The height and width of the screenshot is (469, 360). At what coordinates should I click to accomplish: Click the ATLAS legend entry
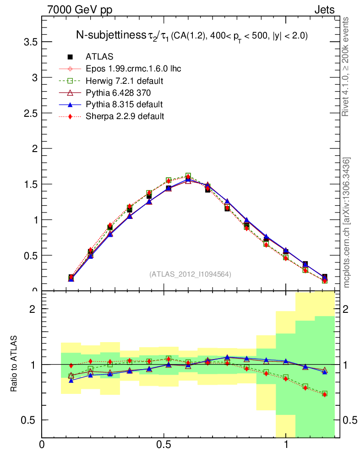99,57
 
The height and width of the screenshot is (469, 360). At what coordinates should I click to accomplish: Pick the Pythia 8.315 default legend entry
124,104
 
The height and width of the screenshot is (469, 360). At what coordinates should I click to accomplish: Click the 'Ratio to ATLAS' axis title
15,364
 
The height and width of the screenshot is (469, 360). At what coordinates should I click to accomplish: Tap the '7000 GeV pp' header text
80,10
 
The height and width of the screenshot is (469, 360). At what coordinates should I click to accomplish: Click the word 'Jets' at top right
324,10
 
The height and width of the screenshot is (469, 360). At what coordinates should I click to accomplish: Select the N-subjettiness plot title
191,36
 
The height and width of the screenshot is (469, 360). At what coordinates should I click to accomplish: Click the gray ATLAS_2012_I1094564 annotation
190,274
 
